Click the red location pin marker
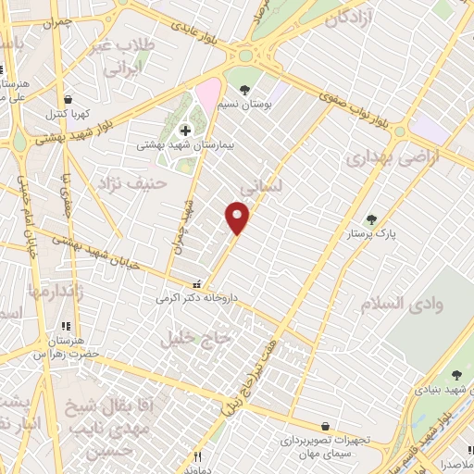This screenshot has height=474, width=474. click(x=238, y=218)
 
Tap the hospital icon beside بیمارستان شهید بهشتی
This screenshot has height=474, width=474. click(x=185, y=131)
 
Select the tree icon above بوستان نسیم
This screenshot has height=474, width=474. click(x=243, y=91)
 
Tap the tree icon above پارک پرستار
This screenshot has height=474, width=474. click(x=371, y=219)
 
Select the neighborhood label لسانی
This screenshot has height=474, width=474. click(x=255, y=186)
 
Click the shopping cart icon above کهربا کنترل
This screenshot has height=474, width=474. click(x=67, y=100)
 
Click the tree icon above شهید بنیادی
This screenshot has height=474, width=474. click(x=455, y=375)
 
